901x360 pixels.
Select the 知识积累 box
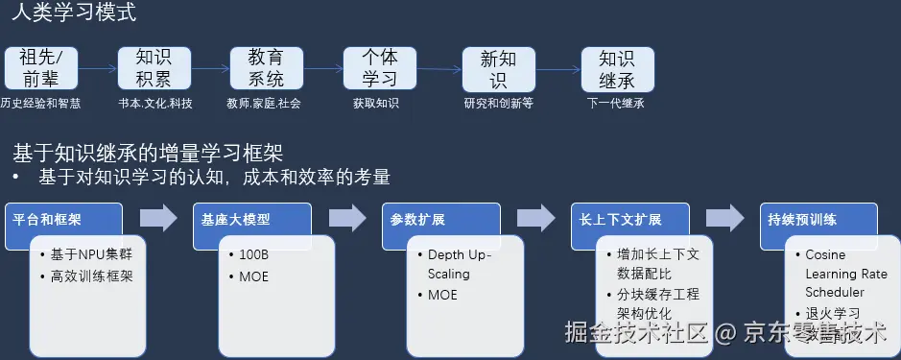149,69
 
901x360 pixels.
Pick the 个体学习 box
380,69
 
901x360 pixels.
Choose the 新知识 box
497,69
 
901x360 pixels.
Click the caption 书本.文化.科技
155,103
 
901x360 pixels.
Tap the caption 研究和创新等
498,103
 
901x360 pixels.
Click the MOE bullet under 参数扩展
443,295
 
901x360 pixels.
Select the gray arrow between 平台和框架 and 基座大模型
159,218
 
